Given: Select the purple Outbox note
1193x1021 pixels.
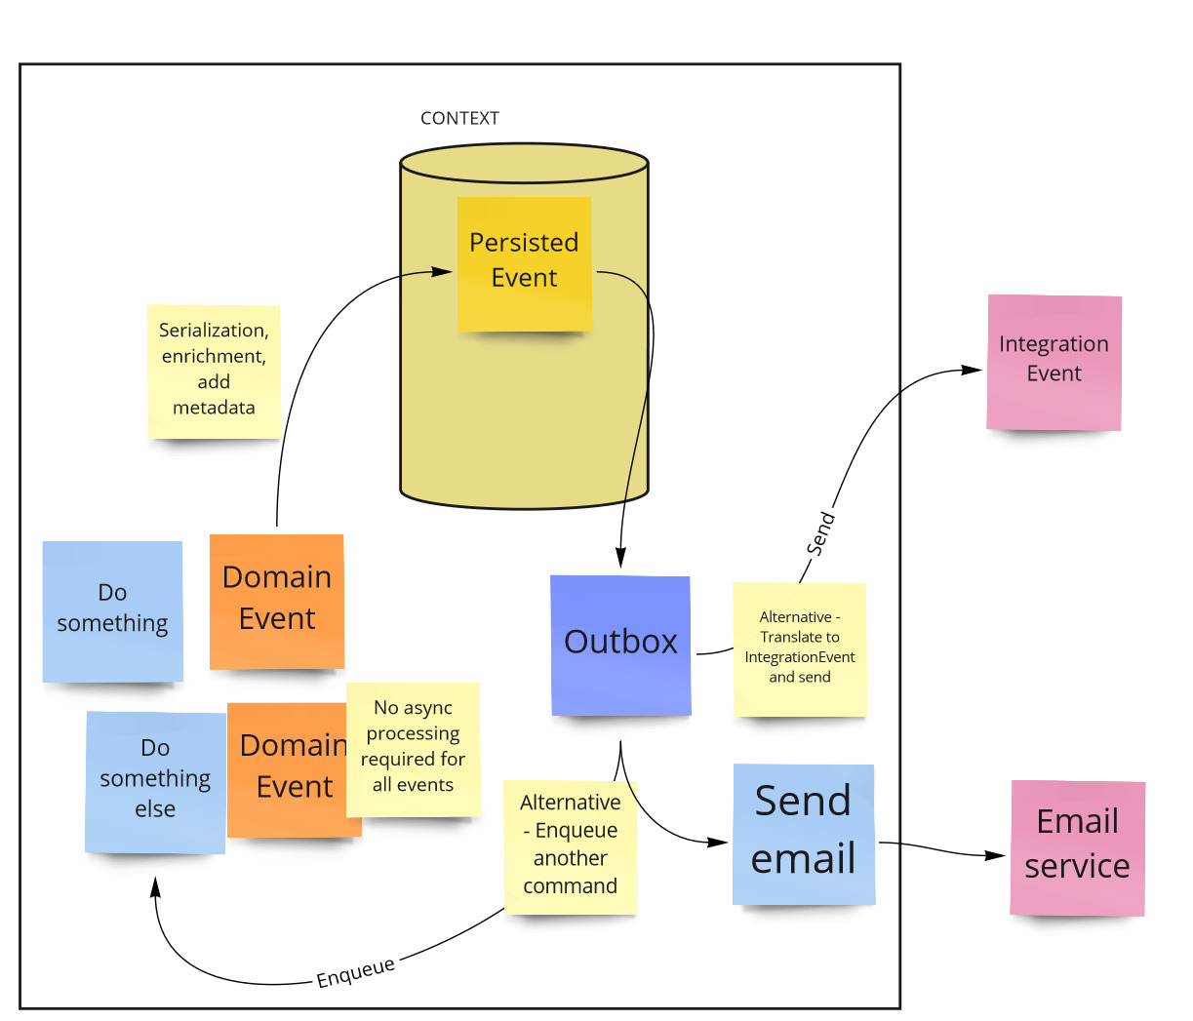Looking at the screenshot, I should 620,645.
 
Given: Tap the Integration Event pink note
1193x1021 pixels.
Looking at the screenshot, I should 1054,362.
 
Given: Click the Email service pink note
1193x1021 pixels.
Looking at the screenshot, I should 1077,847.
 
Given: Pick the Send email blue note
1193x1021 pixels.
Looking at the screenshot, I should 803,834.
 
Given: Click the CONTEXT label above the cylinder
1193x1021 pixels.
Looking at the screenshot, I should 459,118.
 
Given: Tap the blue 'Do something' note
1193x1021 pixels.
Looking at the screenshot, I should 112,610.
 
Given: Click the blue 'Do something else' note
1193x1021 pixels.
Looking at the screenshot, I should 155,781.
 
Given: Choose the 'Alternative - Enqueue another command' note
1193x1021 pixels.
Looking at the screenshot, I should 571,845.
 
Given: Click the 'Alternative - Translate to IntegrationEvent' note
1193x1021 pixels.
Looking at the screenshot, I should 799,648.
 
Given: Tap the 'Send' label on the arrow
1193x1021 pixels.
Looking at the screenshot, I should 820,533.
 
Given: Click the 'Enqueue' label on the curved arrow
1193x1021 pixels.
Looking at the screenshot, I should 356,972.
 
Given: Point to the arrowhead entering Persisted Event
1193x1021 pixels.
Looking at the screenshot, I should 444,272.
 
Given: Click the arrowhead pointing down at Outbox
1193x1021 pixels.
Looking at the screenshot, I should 620,558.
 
